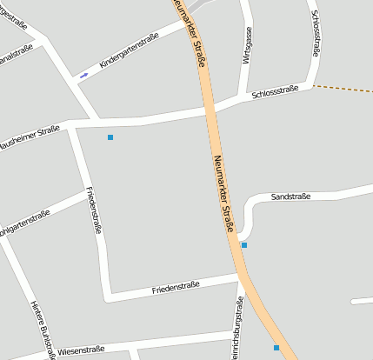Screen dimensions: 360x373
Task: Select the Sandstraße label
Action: coord(290,197)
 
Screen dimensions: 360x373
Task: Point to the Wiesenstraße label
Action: coord(81,350)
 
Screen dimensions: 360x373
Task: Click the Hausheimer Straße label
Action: coord(29,137)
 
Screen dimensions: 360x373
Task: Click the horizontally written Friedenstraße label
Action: coord(176,285)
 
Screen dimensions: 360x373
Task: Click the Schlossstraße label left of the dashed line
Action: coord(275,92)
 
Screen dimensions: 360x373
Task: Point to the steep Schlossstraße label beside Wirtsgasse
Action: coord(315,34)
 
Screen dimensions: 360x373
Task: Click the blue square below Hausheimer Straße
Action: coord(110,137)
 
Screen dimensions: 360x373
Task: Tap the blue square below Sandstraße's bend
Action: coord(244,245)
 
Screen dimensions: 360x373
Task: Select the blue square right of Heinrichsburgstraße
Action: coord(276,348)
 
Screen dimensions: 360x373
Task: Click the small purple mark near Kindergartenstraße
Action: coord(83,76)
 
